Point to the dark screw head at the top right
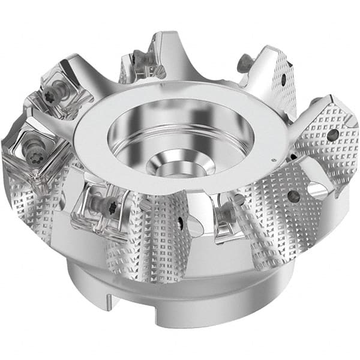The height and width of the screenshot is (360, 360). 245,60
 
